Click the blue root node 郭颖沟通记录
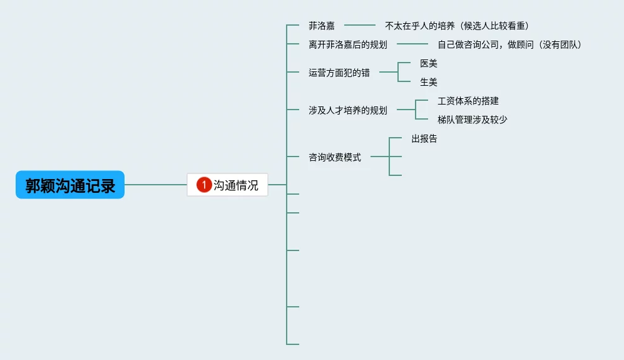point(70,185)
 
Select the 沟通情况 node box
point(228,185)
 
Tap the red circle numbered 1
point(204,185)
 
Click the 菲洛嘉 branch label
point(321,26)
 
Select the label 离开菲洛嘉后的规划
point(347,44)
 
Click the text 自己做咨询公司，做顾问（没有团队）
point(509,44)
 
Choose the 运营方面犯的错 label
point(339,73)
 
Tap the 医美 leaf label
point(428,63)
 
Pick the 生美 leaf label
point(428,82)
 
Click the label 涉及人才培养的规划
point(347,110)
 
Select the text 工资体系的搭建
point(468,101)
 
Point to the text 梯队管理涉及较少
point(472,120)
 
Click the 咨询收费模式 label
point(334,157)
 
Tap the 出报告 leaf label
point(424,138)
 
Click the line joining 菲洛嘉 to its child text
point(359,26)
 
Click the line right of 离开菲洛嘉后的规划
point(412,44)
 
